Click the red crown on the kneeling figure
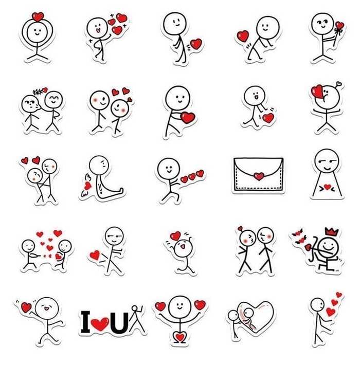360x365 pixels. click(331, 232)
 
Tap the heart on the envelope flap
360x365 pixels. click(259, 176)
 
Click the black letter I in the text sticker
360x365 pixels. click(85, 322)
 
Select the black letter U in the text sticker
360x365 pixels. click(119, 323)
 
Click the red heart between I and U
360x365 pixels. click(100, 324)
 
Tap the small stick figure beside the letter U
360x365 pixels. click(137, 318)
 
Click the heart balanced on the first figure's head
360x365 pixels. click(38, 17)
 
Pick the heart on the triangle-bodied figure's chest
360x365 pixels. click(328, 187)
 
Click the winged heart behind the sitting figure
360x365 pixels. click(87, 186)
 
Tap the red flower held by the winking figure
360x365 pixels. click(339, 25)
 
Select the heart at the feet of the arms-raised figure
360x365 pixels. click(180, 337)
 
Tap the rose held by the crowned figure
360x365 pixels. click(308, 247)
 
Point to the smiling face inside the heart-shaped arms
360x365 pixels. click(37, 32)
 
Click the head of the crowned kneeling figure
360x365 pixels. click(328, 246)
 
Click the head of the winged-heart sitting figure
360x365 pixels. click(99, 165)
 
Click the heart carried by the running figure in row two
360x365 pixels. click(187, 118)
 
